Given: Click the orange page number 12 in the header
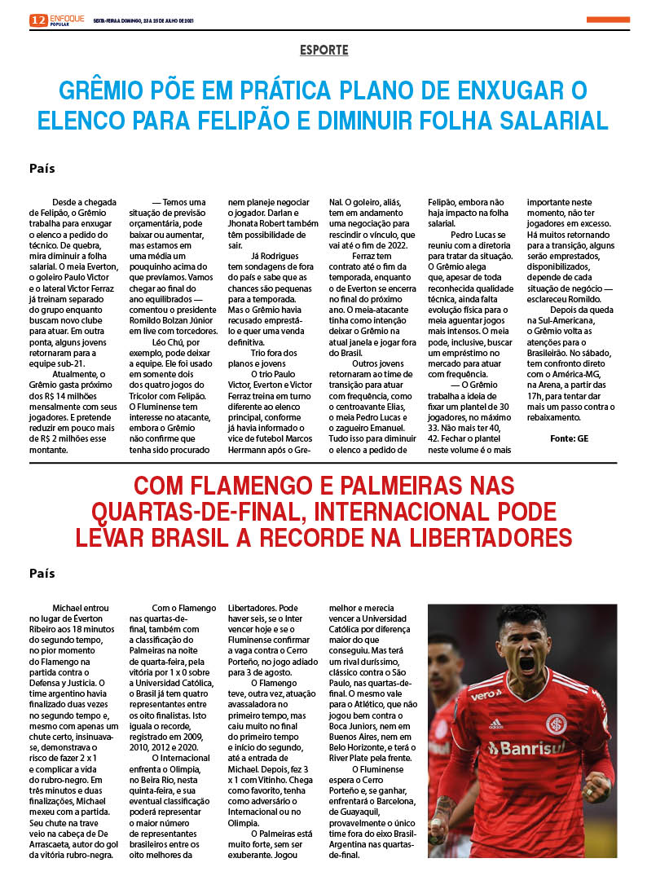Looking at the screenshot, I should (x=38, y=20).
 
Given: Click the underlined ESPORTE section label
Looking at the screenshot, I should (x=323, y=51).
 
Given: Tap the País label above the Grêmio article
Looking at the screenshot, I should (x=42, y=169).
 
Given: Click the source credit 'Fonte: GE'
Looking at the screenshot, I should (x=569, y=438).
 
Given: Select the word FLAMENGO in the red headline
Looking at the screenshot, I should (x=256, y=487).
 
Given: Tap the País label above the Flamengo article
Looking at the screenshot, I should (x=42, y=574).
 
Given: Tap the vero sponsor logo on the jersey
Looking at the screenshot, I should (x=486, y=694).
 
